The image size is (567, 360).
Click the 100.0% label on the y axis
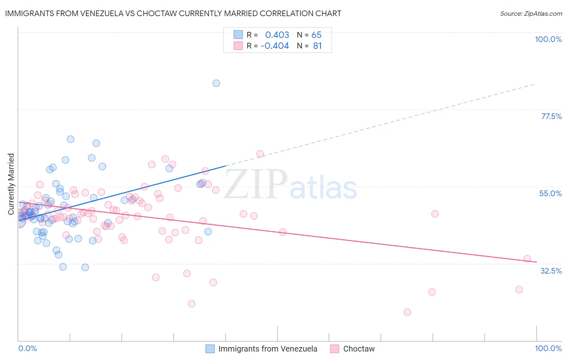(x=548, y=39)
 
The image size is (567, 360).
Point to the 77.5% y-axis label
(x=551, y=116)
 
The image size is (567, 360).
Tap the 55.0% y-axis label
(x=550, y=193)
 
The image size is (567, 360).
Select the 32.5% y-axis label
(x=551, y=271)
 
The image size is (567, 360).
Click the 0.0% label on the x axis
(x=27, y=348)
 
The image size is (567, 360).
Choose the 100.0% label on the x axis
(x=548, y=348)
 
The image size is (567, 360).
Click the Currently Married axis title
(x=11, y=184)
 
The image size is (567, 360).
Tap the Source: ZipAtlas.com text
(x=531, y=13)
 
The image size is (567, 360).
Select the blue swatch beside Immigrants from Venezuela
(x=210, y=349)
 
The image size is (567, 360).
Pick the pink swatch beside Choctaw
(x=334, y=349)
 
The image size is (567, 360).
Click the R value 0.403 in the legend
(x=277, y=35)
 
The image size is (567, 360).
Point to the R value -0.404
(x=275, y=46)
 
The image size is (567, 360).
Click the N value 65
(x=317, y=35)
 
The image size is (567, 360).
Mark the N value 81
(x=317, y=46)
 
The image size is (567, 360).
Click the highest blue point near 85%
(x=216, y=83)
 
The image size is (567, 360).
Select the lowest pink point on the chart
(x=407, y=312)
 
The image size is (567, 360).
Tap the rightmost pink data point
(x=527, y=259)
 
